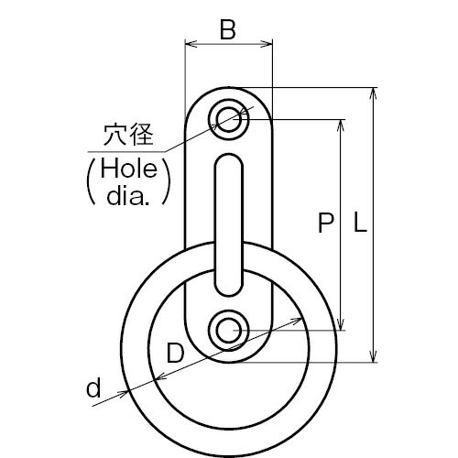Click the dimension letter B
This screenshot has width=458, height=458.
pyautogui.click(x=228, y=30)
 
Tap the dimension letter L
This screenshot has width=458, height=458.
pyautogui.click(x=360, y=223)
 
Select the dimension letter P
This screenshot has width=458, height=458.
pyautogui.click(x=325, y=223)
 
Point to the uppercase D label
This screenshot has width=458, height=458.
pyautogui.click(x=176, y=353)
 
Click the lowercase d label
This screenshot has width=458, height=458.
pyautogui.click(x=93, y=387)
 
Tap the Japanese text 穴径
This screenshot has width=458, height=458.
pyautogui.click(x=128, y=135)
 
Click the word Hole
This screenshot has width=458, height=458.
pyautogui.click(x=129, y=169)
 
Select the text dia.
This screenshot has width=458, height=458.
pyautogui.click(x=128, y=195)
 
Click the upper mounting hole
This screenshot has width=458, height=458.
pyautogui.click(x=229, y=119)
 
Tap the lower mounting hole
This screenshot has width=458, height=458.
pyautogui.click(x=229, y=331)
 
